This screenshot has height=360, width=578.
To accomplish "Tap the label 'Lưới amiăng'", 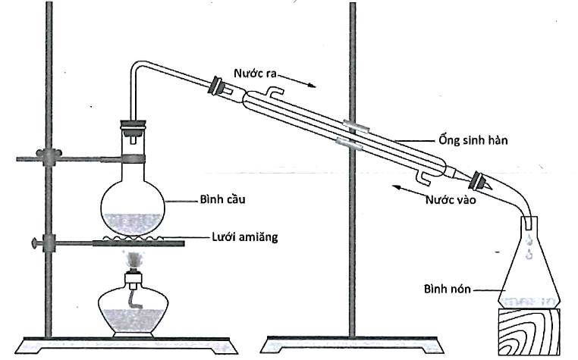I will [x=244, y=238].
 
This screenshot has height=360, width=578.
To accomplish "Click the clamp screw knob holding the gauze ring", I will [x=33, y=243].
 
